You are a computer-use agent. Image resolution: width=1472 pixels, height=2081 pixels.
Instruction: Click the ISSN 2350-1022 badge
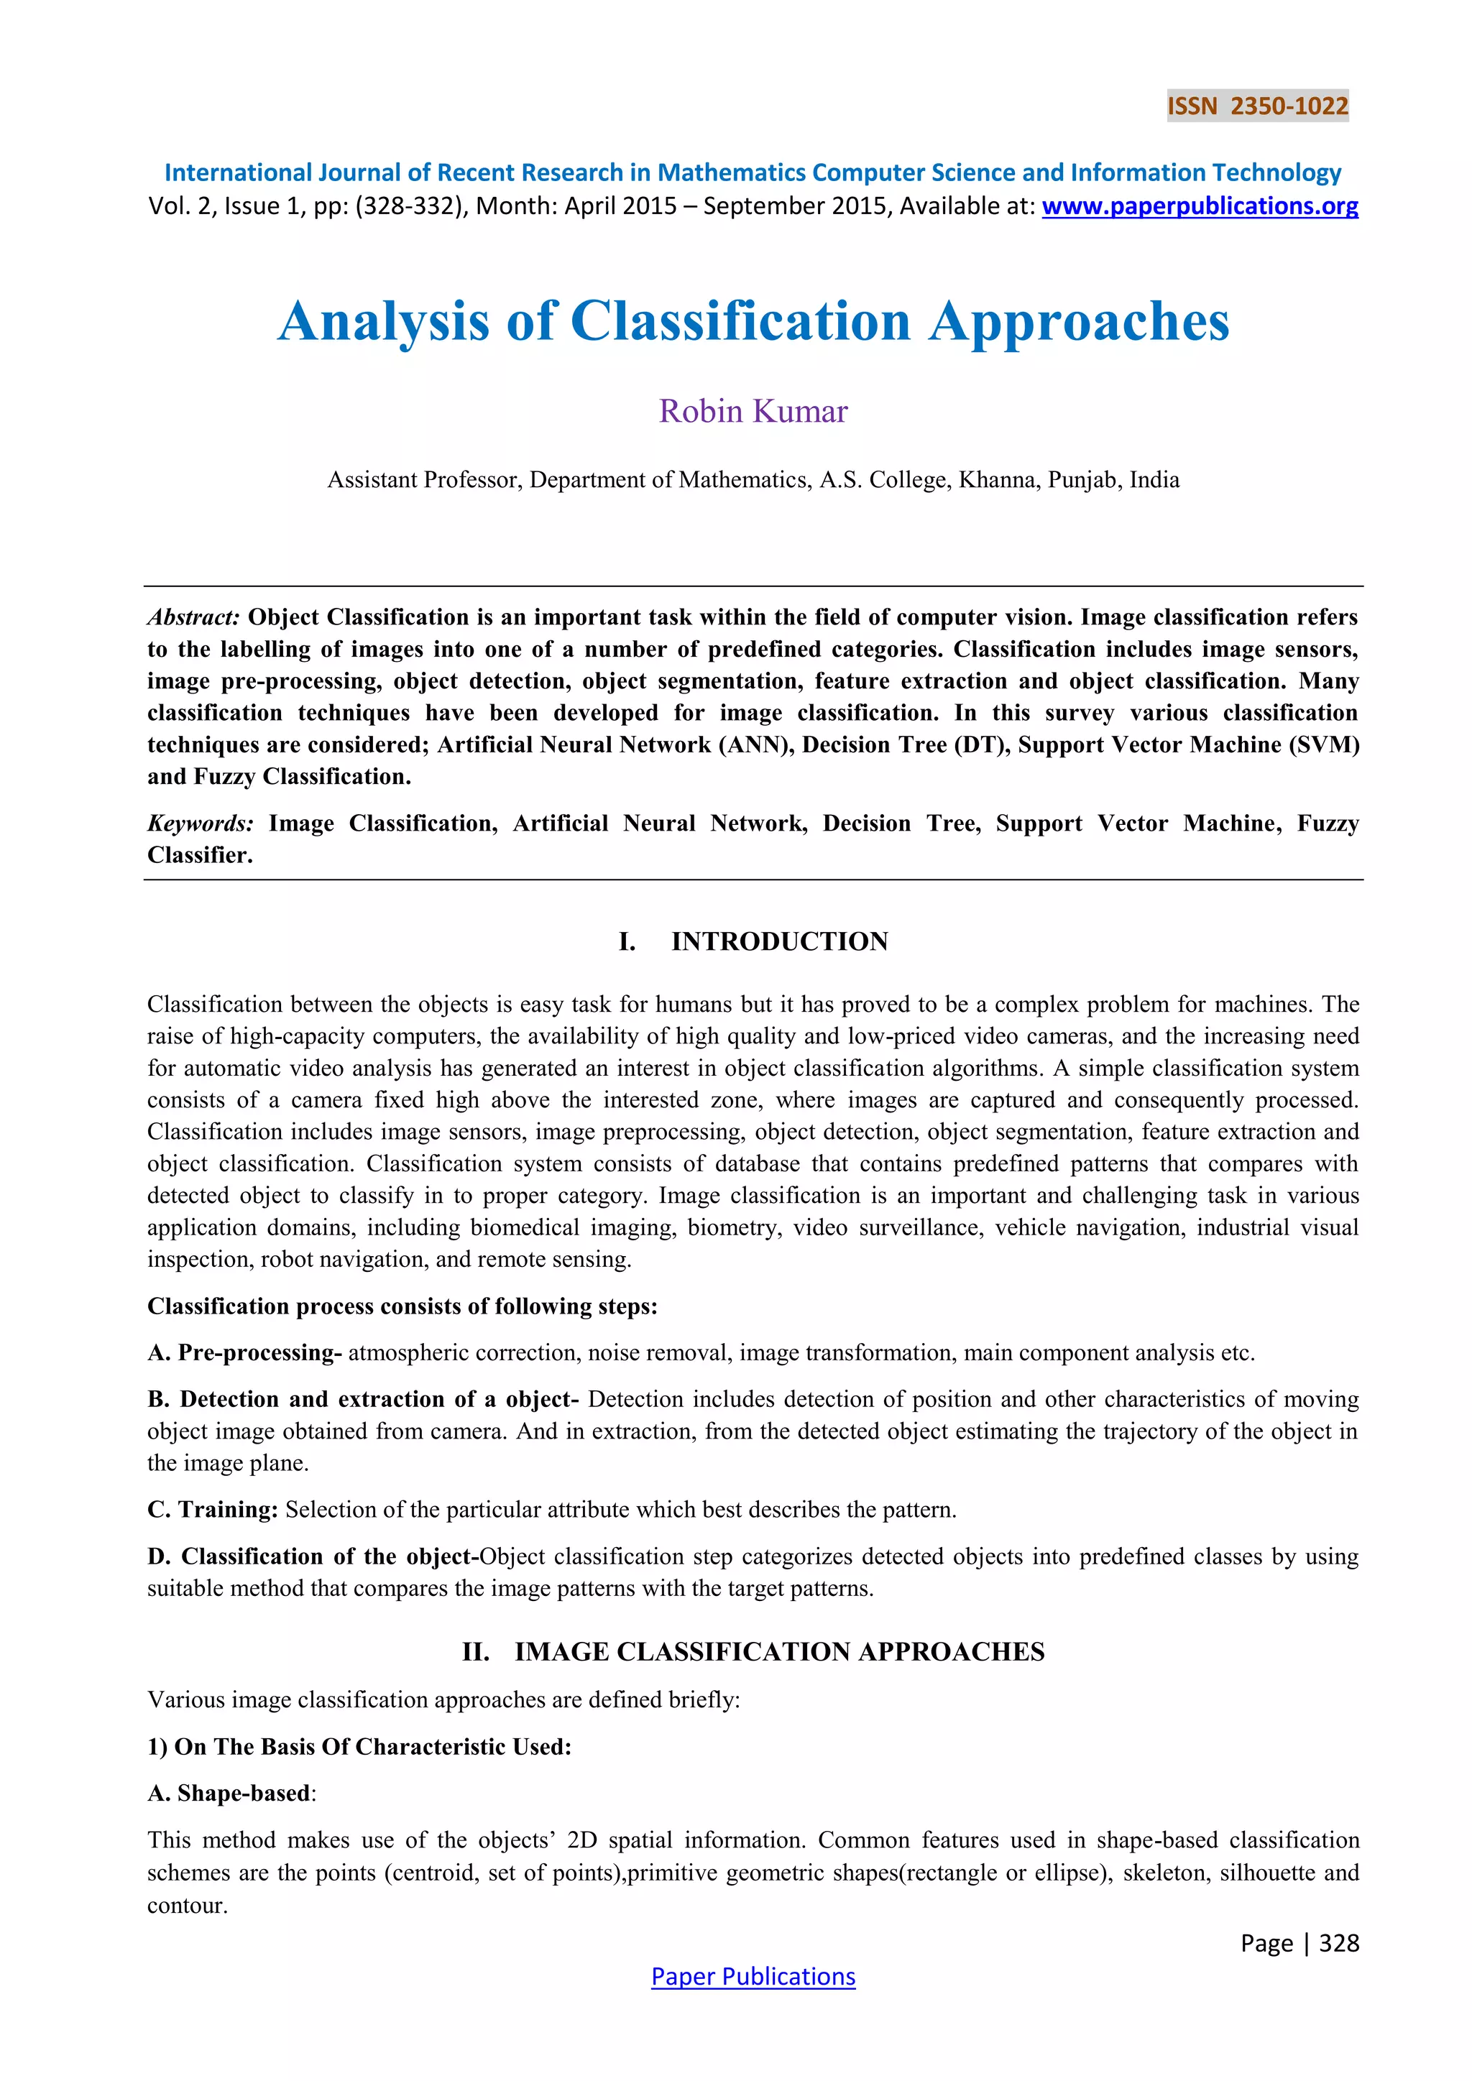(x=1257, y=106)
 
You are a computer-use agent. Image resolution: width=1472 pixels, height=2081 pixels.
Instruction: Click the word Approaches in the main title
(x=1079, y=322)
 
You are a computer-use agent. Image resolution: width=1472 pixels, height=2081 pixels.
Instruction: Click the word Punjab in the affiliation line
(x=1082, y=479)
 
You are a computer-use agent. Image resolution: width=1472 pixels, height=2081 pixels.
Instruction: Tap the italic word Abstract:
(x=193, y=617)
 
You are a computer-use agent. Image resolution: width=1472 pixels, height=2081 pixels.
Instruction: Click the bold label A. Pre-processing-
(x=244, y=1352)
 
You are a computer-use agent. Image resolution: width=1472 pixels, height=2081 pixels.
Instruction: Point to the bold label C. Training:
(x=212, y=1509)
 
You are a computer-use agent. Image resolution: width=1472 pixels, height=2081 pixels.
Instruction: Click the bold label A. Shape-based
(x=229, y=1793)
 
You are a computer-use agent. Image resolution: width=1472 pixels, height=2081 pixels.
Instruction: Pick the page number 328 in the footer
(x=1339, y=1942)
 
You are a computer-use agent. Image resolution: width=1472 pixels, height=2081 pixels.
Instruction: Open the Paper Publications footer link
(x=753, y=1976)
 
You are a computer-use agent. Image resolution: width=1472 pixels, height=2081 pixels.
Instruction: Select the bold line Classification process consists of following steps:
(x=402, y=1306)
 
